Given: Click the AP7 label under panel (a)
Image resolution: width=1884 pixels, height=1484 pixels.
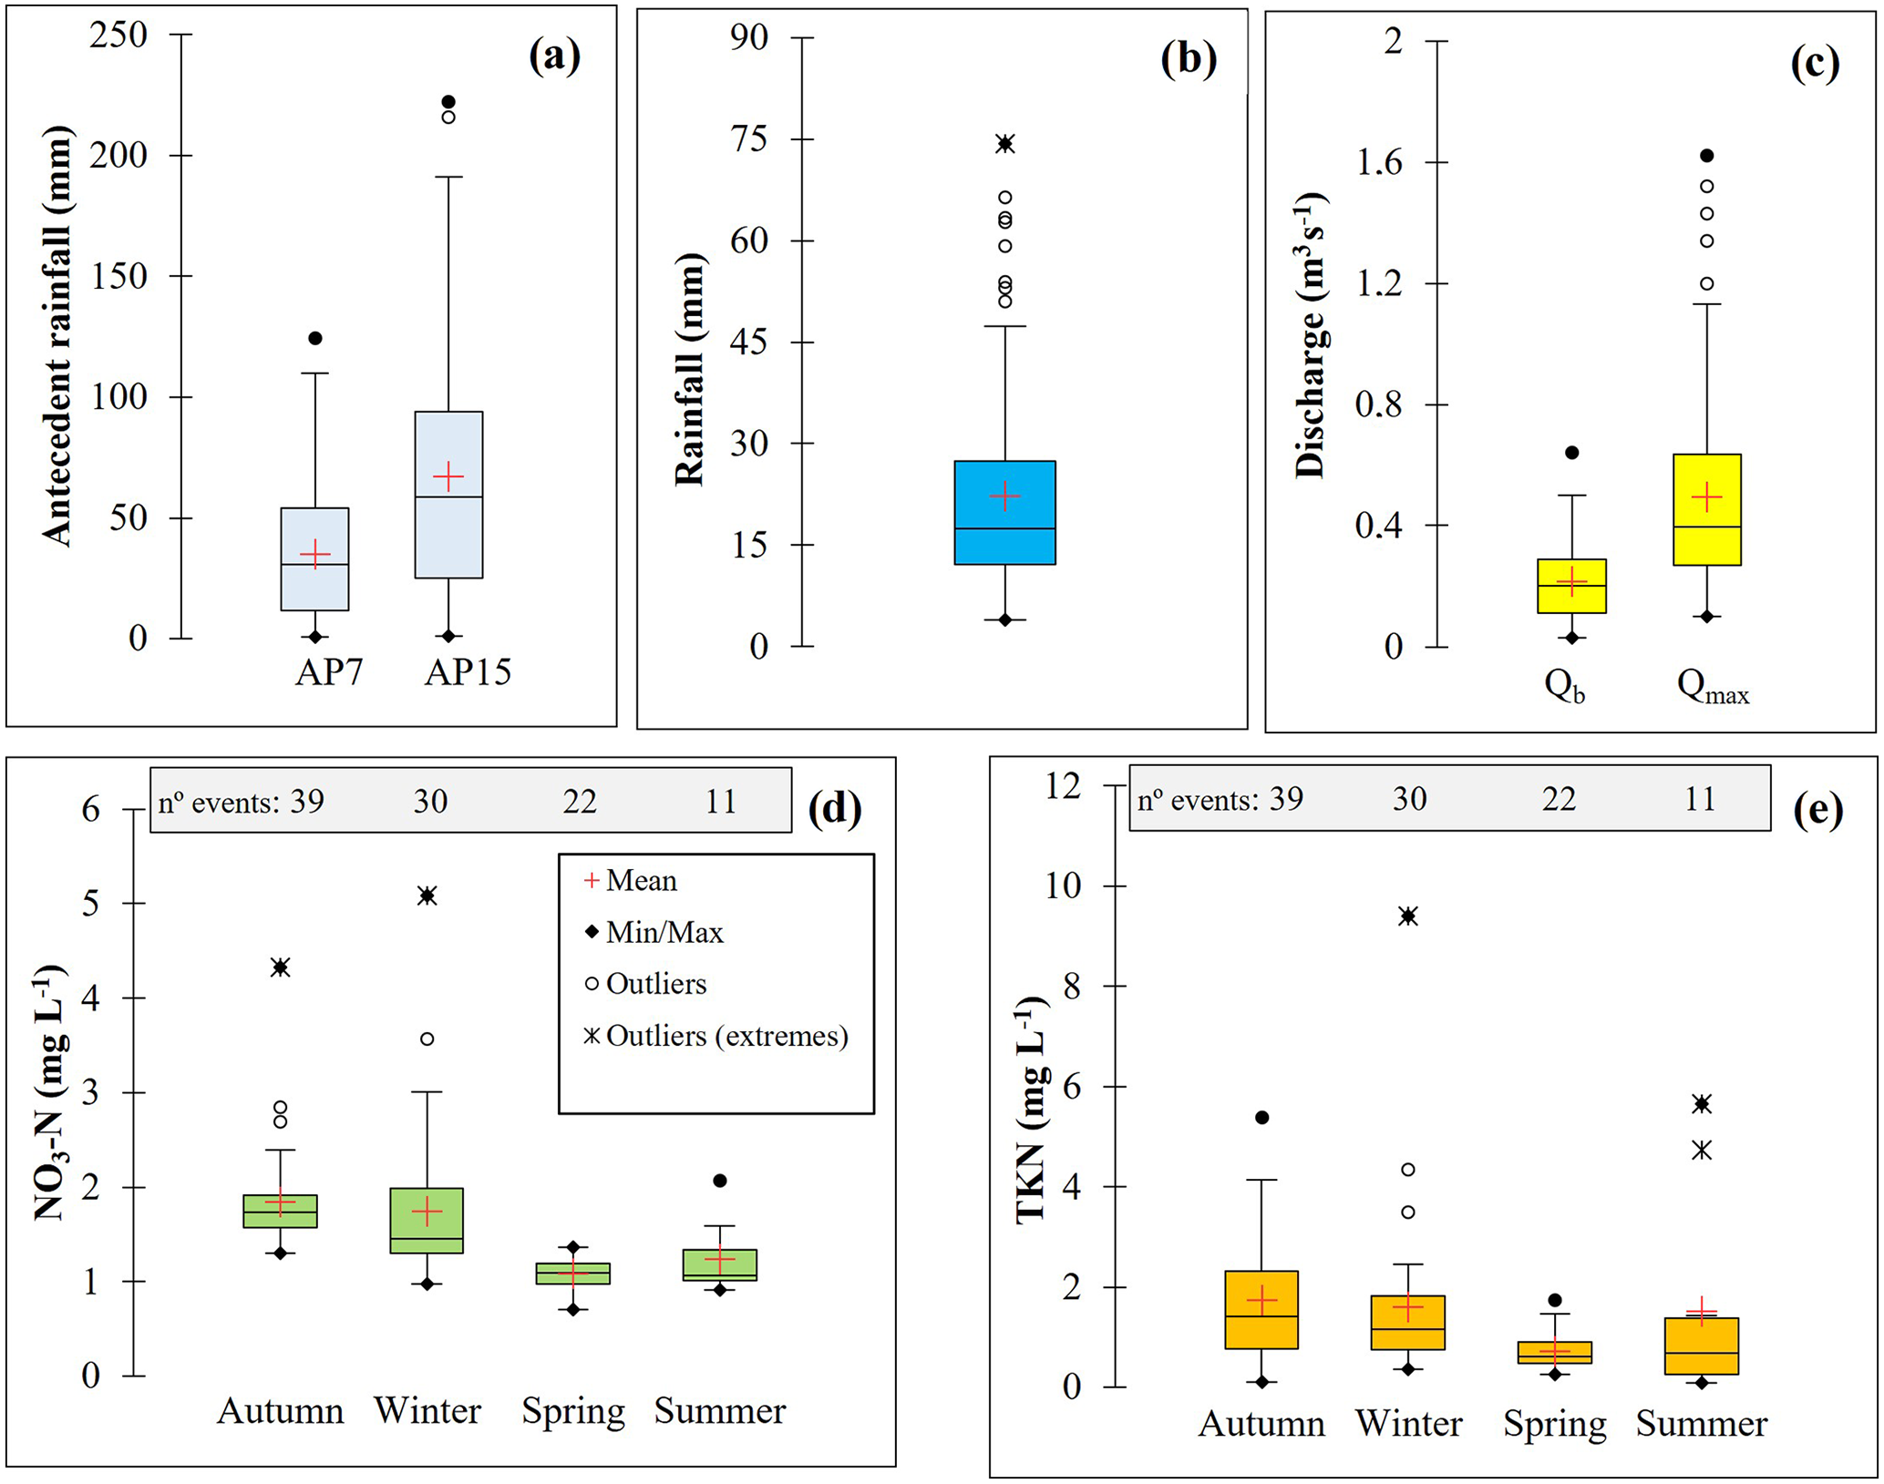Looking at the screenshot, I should click(329, 672).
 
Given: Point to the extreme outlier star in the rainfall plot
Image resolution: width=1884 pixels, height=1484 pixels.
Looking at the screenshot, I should click(1004, 144).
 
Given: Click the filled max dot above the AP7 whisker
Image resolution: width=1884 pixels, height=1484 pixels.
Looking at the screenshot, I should click(315, 339).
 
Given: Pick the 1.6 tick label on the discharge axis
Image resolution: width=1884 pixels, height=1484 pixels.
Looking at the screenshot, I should click(1379, 162).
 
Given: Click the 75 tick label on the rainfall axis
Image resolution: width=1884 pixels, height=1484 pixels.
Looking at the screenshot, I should click(748, 139).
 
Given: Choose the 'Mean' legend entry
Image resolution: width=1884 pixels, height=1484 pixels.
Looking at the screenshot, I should click(641, 880).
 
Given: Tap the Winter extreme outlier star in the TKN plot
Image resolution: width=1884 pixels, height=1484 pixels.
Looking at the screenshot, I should click(1408, 916).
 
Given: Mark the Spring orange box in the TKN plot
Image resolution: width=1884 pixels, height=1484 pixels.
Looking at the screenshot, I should click(1555, 1352).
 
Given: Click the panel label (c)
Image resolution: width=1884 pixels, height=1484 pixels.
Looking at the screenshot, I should click(1814, 64).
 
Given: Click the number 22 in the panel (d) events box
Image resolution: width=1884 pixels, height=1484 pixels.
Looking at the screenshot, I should click(579, 802).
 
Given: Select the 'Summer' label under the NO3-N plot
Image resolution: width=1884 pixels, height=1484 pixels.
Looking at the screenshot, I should click(720, 1411).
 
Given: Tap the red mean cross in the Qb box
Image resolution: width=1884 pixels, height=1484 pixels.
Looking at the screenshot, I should click(1571, 580).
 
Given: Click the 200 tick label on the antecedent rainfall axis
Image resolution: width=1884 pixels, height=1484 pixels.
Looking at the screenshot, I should click(118, 155).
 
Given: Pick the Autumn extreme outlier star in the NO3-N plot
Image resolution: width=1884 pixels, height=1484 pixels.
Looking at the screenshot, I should click(281, 967).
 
